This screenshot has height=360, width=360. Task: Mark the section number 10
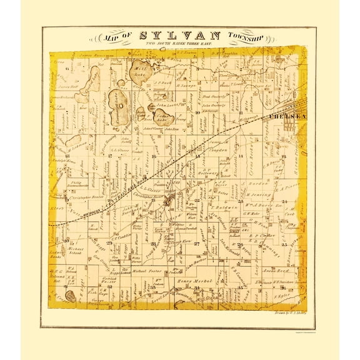point(197,113)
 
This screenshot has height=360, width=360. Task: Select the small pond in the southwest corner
point(70,296)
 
